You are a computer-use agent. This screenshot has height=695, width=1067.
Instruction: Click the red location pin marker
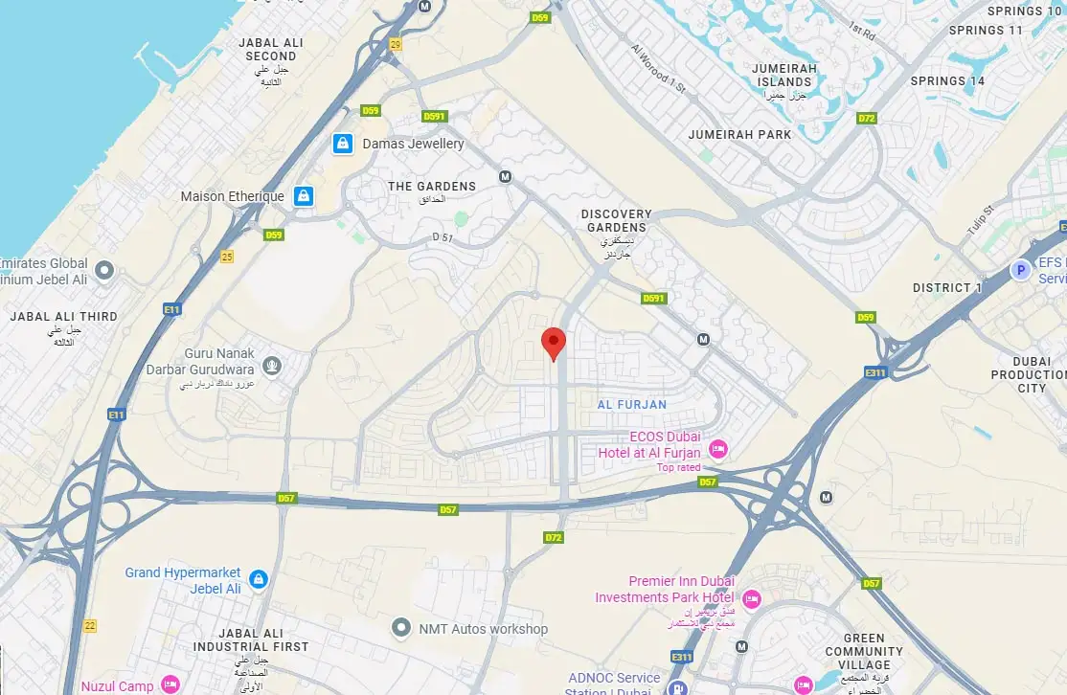pos(553,342)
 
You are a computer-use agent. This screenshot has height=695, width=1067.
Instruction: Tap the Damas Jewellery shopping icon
pos(342,144)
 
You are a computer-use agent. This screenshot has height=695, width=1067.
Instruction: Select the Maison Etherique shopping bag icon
pos(303,196)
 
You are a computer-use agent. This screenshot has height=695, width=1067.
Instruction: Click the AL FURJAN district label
pos(631,404)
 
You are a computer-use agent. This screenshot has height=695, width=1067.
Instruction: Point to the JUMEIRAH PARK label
pos(739,135)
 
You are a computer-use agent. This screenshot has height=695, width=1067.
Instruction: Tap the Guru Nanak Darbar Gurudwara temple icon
pos(272,364)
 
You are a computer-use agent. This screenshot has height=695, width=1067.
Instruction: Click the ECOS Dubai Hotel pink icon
pos(717,449)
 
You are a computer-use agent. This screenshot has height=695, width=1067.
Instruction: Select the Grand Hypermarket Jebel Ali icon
pos(258,579)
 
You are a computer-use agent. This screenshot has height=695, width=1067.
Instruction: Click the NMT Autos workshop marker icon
pos(401,628)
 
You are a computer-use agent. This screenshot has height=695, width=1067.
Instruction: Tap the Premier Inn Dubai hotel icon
pos(751,599)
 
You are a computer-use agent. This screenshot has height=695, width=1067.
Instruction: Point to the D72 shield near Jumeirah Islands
pos(867,119)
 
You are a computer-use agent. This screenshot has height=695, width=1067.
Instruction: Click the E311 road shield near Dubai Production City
pos(874,371)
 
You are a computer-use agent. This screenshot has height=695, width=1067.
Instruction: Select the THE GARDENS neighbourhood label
pos(431,186)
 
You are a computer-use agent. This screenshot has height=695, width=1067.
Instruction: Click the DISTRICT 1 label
pos(947,287)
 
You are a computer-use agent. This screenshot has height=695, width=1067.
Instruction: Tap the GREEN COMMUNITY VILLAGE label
pos(865,651)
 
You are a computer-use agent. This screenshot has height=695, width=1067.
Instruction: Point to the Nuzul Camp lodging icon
pos(170,684)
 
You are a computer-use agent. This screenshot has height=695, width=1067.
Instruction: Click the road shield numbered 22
pos(90,625)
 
